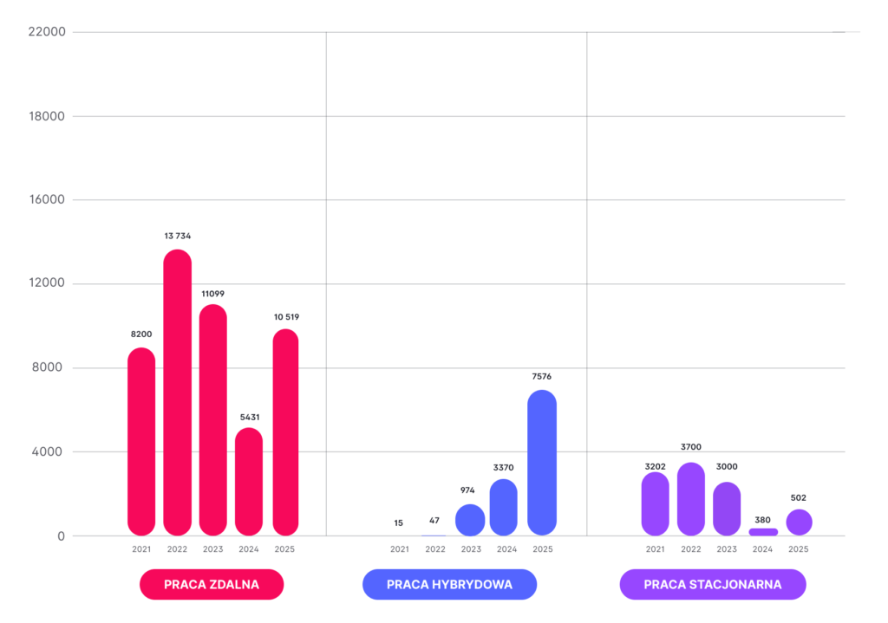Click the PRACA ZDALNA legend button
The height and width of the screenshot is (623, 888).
(212, 584)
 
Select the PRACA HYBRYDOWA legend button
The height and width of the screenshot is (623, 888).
(449, 584)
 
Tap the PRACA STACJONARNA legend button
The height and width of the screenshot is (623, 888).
(713, 584)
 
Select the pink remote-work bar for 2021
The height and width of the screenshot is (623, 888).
(141, 441)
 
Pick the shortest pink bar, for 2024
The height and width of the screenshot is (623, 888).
(249, 481)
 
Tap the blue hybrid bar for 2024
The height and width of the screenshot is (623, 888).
(503, 507)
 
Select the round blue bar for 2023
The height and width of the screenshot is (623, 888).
(470, 520)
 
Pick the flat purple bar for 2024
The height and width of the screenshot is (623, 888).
(763, 531)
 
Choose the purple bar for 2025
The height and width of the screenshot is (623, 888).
(799, 522)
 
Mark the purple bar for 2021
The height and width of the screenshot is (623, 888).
(656, 503)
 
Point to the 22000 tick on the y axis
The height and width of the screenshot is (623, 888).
(47, 32)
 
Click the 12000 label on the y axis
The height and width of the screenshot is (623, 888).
(47, 284)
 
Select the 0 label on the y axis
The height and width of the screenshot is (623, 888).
(62, 536)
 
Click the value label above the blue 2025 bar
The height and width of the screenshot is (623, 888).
(541, 377)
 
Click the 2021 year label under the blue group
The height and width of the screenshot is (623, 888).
(399, 549)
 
